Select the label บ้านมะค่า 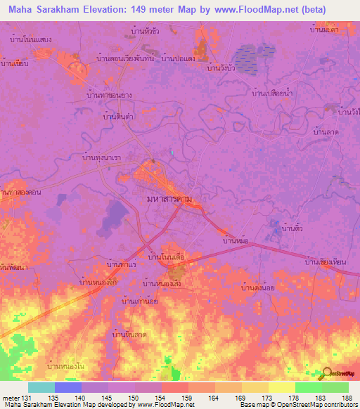(325, 30)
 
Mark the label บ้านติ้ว (292, 229)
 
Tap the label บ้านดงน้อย (257, 287)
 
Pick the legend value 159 (188, 398)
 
